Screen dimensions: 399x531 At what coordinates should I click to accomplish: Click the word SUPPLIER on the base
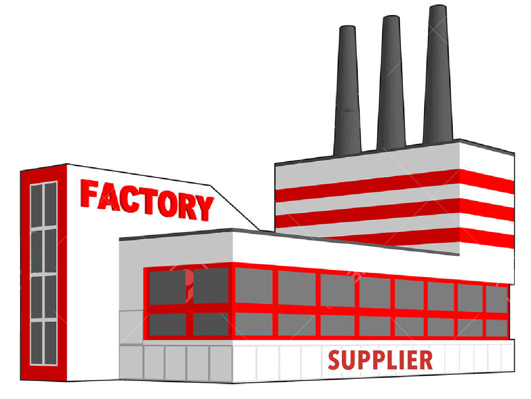tap(380, 360)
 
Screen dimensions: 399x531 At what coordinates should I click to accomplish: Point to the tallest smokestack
tap(437, 76)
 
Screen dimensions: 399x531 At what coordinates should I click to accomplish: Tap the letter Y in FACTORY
tap(205, 208)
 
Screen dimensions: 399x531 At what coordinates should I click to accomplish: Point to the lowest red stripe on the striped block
tap(403, 238)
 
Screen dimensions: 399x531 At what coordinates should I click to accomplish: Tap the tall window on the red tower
tap(43, 273)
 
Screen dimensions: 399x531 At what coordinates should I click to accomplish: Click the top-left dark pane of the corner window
tap(167, 287)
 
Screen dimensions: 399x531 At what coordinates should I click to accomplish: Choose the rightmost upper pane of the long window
tap(496, 299)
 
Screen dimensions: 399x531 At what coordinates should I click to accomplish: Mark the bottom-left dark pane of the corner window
tap(168, 324)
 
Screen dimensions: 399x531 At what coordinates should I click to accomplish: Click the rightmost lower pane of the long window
tap(496, 328)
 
